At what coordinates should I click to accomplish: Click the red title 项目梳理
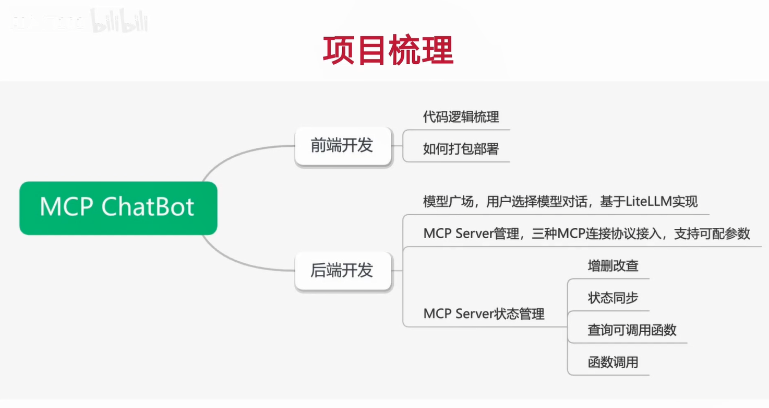coord(388,51)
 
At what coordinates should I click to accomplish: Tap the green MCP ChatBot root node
coord(118,208)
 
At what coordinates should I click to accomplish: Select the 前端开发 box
coord(342,146)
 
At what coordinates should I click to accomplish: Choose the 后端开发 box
coord(342,270)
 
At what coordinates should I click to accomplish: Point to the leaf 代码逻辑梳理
coord(461,117)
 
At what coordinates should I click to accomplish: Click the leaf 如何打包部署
coord(461,149)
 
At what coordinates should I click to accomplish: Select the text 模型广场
coord(448,202)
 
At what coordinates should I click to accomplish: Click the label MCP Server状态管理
coord(484,314)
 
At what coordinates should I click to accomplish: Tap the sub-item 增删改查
coord(612,266)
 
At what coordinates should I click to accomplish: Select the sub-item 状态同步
coord(612,298)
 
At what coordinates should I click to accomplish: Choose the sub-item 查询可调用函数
coord(632,330)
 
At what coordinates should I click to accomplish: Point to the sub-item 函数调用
coord(612,363)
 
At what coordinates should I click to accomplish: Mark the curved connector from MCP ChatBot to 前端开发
coord(235,155)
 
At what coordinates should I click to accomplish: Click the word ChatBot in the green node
coord(148,207)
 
